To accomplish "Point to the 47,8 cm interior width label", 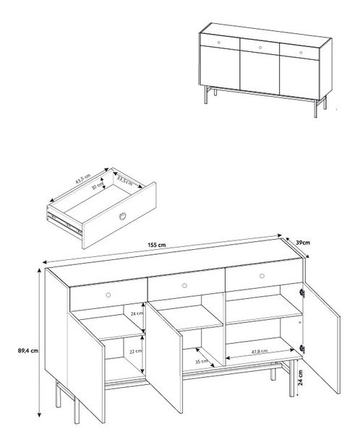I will point(254,351).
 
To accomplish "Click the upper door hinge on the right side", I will point(302,293).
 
